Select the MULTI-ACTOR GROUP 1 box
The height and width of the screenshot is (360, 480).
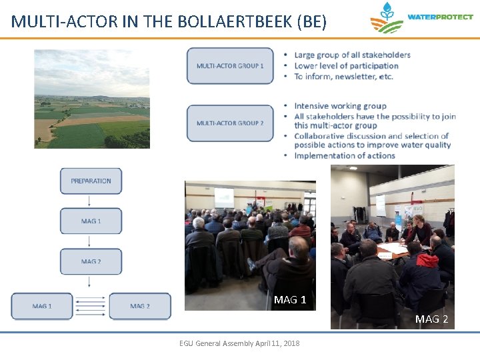(230, 66)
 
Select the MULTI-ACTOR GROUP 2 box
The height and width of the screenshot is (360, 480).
(230, 123)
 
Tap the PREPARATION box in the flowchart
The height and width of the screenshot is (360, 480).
(91, 181)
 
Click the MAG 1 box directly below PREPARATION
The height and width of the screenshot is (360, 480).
(91, 221)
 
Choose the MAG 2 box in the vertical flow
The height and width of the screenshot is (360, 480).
(91, 261)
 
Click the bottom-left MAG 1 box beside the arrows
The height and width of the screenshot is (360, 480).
(42, 306)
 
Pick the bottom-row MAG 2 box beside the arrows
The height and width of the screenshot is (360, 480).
(140, 306)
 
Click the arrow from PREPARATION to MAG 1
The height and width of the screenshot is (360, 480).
(91, 201)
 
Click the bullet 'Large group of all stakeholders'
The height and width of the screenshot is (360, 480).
(352, 55)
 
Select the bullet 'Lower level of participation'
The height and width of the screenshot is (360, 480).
(346, 65)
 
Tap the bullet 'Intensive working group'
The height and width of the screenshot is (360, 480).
(340, 105)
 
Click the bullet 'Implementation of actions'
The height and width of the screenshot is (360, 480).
(345, 155)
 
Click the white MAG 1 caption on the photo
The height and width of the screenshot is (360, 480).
(290, 300)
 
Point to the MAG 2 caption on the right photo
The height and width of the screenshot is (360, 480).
(431, 319)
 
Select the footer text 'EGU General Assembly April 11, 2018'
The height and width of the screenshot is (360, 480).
(239, 343)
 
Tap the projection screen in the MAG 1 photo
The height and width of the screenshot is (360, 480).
(224, 196)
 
